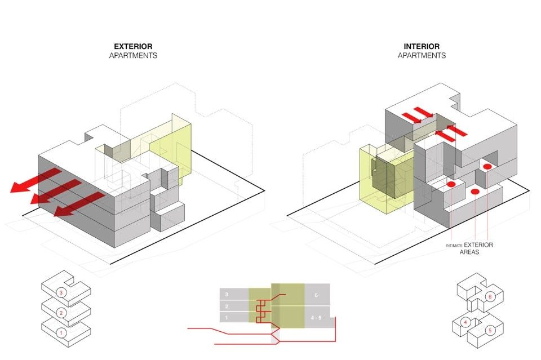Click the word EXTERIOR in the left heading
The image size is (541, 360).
(133, 46)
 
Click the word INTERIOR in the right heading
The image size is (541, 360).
(422, 46)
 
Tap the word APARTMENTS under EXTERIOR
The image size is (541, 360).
(133, 56)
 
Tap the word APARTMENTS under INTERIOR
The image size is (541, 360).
(422, 56)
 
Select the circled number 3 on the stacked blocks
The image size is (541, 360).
(61, 293)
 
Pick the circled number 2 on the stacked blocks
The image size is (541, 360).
(61, 313)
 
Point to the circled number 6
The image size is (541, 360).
(490, 296)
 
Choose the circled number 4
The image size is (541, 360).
(465, 322)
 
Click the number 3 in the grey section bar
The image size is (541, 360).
(226, 294)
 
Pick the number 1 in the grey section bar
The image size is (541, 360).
(226, 318)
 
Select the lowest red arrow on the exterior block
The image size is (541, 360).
(79, 204)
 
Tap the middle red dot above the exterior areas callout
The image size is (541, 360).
(475, 193)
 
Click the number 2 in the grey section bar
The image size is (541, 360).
(226, 306)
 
